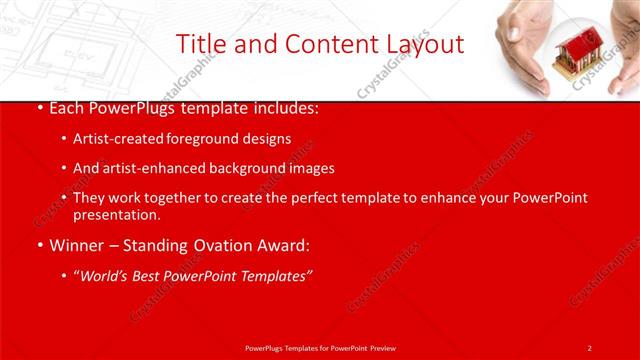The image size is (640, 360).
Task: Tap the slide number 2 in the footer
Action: (x=589, y=347)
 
